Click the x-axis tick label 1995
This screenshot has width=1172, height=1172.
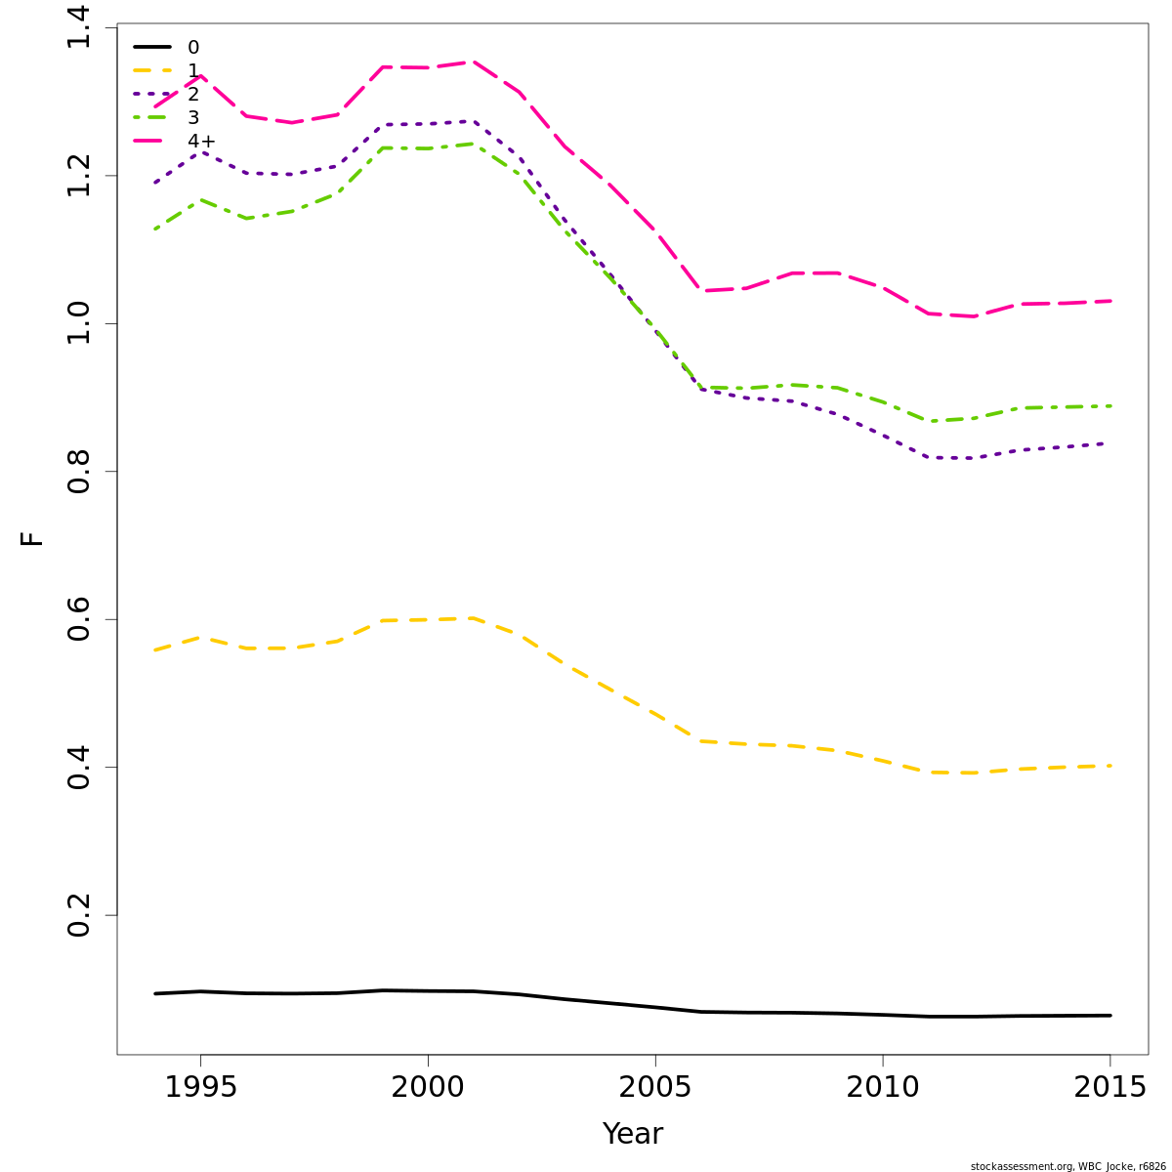200,1088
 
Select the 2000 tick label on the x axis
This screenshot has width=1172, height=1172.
428,1088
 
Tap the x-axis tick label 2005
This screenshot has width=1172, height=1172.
655,1088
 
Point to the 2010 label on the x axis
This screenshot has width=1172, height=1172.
882,1088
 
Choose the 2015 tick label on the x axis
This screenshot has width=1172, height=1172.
1109,1088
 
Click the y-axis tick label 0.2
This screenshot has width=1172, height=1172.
79,915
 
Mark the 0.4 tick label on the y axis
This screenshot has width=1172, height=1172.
79,768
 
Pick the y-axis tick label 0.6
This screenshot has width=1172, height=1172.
79,619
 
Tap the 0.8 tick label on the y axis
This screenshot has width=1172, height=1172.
79,472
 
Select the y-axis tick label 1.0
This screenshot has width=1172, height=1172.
79,323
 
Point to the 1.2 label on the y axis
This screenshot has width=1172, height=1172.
79,176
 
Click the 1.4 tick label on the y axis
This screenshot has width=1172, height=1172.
79,29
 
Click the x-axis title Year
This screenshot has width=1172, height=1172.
632,1134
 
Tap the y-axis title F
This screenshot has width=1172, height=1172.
32,538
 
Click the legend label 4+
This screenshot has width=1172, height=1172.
201,142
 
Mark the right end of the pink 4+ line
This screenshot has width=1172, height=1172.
1110,301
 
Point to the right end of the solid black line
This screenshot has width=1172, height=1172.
1110,1016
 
